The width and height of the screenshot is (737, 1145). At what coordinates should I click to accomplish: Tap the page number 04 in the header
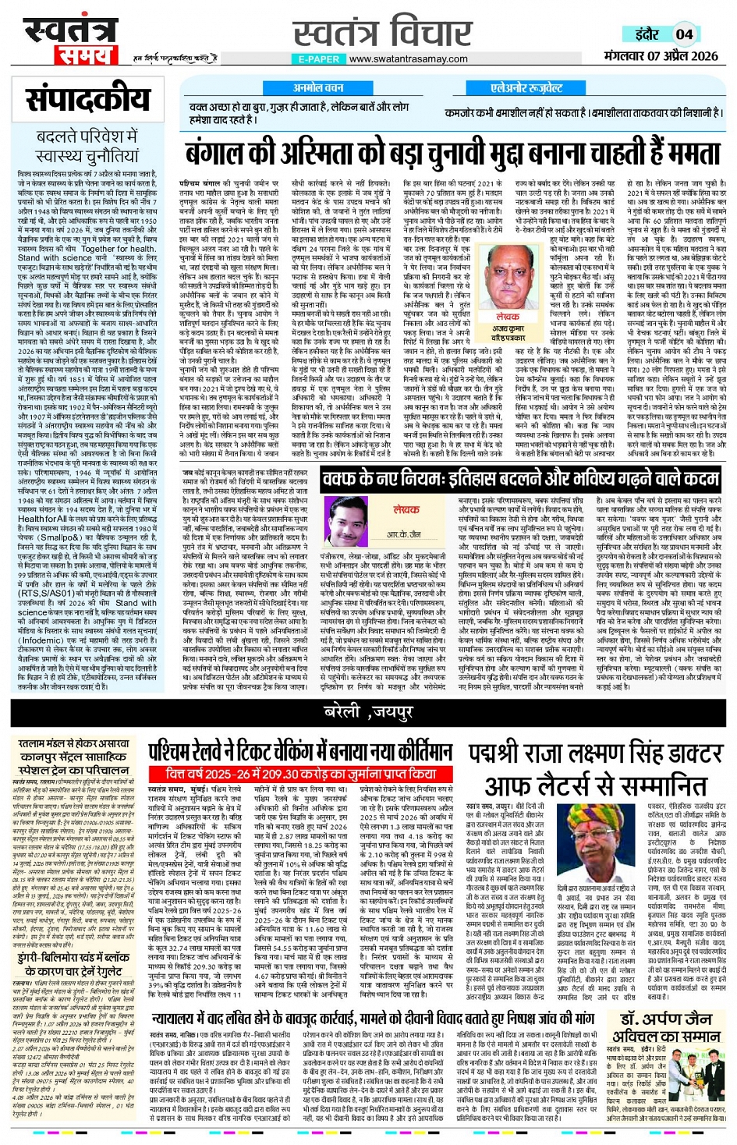pos(684,34)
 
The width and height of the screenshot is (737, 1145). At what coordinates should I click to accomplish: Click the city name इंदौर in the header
pos(647,34)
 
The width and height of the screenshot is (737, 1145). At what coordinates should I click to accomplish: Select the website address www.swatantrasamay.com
pos(409,59)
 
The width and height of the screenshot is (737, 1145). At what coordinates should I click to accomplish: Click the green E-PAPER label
pos(319,59)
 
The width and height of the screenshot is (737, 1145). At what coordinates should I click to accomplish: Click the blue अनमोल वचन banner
pos(318,88)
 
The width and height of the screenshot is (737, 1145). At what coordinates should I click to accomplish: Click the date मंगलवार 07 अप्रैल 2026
pos(661,56)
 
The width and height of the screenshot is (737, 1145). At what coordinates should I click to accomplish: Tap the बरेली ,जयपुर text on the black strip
pos(368,711)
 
